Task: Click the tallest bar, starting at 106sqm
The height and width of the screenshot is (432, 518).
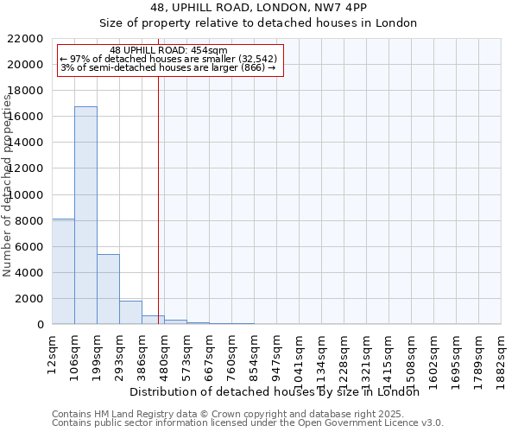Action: [x=85, y=215]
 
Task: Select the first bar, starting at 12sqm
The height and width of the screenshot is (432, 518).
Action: [x=63, y=271]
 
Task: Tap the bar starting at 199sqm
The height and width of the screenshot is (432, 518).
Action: [x=108, y=289]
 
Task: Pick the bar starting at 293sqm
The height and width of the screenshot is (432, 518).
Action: [x=130, y=312]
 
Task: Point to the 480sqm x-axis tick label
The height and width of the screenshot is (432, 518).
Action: [x=165, y=353]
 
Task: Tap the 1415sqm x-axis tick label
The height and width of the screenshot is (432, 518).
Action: [x=389, y=355]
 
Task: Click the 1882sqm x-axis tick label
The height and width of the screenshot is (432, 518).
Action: [x=502, y=355]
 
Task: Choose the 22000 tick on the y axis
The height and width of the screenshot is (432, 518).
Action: [x=25, y=39]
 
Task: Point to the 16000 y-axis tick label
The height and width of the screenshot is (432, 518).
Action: [x=25, y=117]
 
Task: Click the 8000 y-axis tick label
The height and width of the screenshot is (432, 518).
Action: [x=28, y=220]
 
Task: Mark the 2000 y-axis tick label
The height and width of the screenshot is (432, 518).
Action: [x=28, y=299]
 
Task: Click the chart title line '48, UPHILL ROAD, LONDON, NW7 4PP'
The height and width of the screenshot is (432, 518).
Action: [x=259, y=8]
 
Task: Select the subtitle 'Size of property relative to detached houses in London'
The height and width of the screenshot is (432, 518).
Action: [x=259, y=23]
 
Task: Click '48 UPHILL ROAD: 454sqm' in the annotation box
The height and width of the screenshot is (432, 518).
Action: [x=168, y=50]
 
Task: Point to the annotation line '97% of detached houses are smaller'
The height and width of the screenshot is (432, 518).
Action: [x=168, y=59]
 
